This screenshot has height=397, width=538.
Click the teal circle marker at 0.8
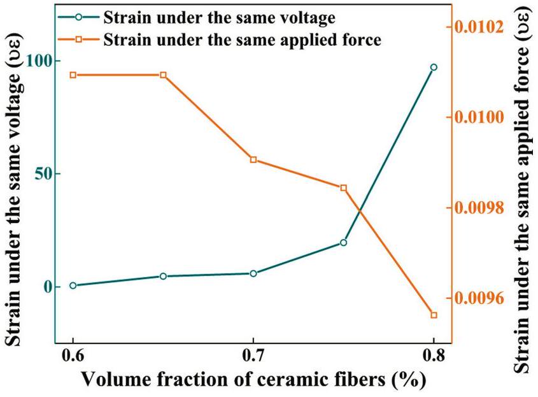click(434, 67)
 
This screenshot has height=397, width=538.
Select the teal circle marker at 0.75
click(343, 243)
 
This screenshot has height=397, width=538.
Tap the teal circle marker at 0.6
click(73, 285)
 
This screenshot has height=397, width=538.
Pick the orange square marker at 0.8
click(434, 315)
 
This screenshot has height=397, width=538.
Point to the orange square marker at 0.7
click(253, 159)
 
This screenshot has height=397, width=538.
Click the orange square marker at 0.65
click(163, 75)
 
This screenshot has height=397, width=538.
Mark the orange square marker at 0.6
click(73, 75)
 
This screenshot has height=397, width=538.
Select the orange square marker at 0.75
click(343, 187)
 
